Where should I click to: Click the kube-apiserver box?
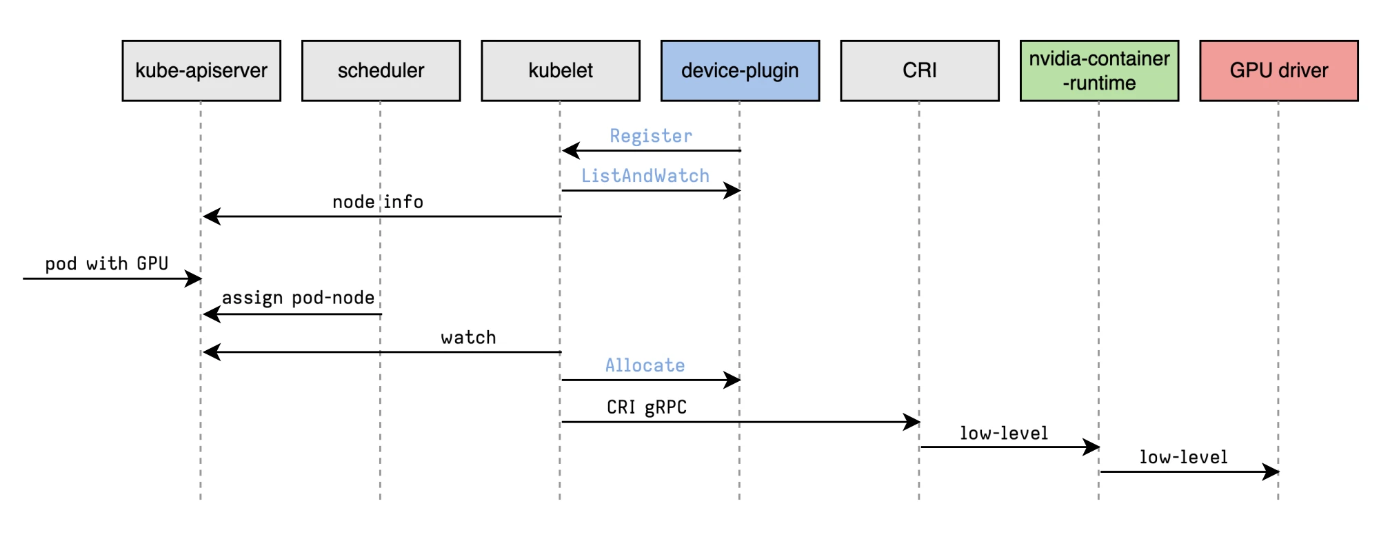click(x=201, y=70)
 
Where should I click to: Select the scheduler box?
click(x=381, y=70)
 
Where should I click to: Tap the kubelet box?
click(x=561, y=70)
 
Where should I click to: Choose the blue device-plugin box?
click(x=740, y=70)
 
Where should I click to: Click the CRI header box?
click(x=920, y=70)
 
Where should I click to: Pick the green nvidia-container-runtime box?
click(x=1099, y=70)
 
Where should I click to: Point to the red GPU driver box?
click(x=1279, y=70)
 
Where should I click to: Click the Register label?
click(x=651, y=136)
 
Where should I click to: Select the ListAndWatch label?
click(x=645, y=176)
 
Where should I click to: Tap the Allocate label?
click(x=645, y=365)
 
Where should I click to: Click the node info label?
click(x=378, y=202)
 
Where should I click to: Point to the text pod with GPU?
click(x=107, y=264)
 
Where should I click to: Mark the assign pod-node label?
click(x=298, y=298)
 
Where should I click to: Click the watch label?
click(x=468, y=338)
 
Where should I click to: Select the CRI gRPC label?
click(x=647, y=407)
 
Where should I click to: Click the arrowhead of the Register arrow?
click(x=570, y=150)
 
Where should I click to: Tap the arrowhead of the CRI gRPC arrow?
click(x=912, y=422)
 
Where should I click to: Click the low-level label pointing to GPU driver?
click(x=1183, y=457)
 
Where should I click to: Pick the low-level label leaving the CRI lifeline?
click(x=1004, y=433)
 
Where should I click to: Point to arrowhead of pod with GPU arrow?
click(x=194, y=278)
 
